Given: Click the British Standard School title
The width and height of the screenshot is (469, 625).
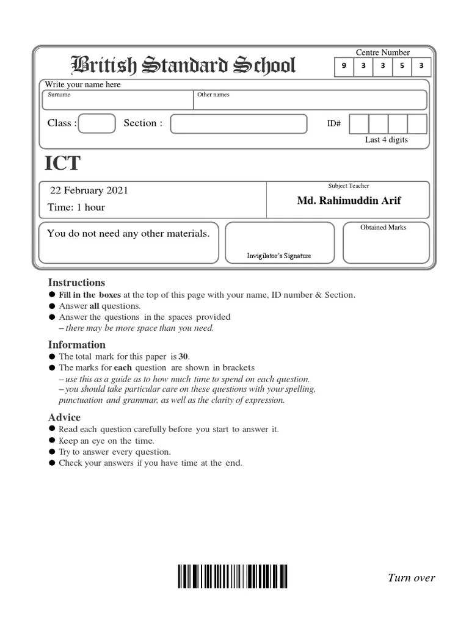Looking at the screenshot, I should (183, 66).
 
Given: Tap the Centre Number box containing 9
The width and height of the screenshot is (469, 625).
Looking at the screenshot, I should (344, 67).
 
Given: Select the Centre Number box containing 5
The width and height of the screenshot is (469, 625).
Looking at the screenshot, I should (402, 67).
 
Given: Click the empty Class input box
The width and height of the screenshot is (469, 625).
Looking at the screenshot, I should (97, 123).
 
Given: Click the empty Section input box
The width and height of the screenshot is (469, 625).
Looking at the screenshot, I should (238, 123).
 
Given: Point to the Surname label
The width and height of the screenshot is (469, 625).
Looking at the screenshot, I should (60, 95).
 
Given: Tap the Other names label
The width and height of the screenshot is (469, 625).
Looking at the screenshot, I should (213, 95).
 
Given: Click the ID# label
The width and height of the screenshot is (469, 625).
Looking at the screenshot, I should (334, 124).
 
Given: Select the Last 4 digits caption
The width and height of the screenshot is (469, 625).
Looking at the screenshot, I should (386, 140).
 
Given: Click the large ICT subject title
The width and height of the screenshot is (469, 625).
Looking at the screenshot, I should (62, 164).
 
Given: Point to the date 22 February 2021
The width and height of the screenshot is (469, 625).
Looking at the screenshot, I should (89, 190).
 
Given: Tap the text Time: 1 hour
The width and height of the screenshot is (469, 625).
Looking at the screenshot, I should (76, 208).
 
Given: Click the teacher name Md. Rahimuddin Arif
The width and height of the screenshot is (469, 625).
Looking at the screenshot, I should (349, 201).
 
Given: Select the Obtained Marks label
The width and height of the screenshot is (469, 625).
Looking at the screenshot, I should (383, 228).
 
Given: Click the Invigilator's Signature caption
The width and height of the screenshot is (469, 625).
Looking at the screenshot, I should (278, 256).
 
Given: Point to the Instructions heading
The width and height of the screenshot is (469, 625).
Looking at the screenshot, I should (76, 283).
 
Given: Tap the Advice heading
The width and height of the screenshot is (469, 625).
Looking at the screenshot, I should (64, 417).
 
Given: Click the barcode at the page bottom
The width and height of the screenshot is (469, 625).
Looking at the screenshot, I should (232, 576).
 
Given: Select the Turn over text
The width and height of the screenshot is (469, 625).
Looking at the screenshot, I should (411, 578).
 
